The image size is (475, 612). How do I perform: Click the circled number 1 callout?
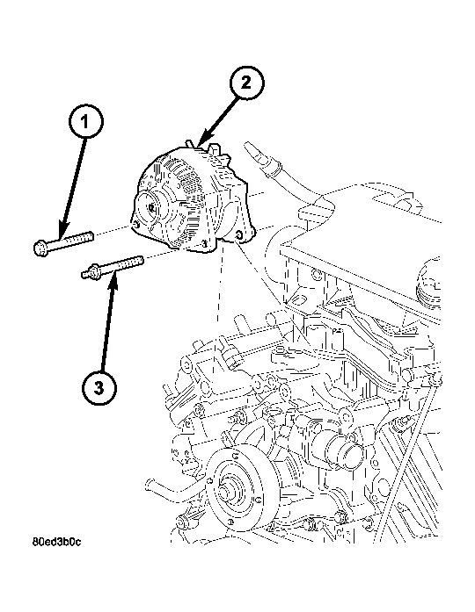(86, 121)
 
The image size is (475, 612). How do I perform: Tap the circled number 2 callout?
(246, 83)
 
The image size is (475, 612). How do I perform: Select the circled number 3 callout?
(99, 388)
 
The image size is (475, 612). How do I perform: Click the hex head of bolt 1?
(41, 248)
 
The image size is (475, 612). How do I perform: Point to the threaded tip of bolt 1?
(91, 235)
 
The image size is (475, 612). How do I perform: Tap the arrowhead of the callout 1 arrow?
(63, 231)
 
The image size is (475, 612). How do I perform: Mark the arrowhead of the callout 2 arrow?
(203, 140)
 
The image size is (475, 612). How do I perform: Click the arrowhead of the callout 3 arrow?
(113, 279)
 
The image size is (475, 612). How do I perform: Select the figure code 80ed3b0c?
(57, 542)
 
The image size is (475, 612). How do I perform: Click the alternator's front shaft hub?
(151, 207)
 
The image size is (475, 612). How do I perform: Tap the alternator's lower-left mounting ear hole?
(135, 225)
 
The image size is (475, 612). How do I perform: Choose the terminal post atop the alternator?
(190, 143)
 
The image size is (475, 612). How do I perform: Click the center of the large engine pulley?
(225, 492)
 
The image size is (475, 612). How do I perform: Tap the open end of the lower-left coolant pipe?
(149, 484)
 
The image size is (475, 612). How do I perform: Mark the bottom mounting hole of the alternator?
(204, 244)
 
